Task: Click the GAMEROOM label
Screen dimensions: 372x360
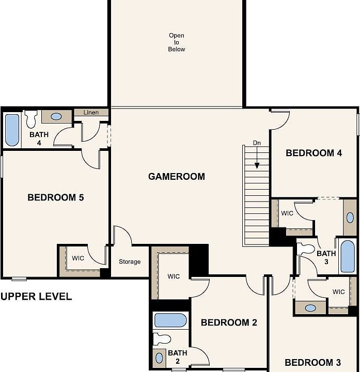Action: click(176, 177)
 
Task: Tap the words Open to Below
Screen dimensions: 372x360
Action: click(176, 42)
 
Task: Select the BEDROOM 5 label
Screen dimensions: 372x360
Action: click(55, 197)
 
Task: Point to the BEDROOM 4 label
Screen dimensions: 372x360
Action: click(314, 153)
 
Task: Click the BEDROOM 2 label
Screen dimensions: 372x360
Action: click(229, 323)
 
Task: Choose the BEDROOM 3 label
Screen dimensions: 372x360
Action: click(313, 362)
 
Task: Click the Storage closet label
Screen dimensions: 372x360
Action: click(130, 262)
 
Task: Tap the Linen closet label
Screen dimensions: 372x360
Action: click(91, 113)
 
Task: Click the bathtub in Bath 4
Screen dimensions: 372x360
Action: click(11, 129)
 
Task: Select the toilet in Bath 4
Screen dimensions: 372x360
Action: click(31, 119)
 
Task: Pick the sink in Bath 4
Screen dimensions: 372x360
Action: click(56, 116)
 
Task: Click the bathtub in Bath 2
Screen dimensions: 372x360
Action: click(170, 320)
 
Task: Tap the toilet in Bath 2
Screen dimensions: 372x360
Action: click(162, 339)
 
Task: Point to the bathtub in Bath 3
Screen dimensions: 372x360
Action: click(347, 256)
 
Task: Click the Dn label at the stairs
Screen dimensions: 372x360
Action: click(257, 143)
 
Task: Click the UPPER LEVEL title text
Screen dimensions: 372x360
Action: click(36, 297)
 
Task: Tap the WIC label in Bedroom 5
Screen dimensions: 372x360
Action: click(78, 258)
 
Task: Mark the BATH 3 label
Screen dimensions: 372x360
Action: click(326, 258)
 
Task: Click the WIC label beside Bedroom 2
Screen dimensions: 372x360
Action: click(174, 276)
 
